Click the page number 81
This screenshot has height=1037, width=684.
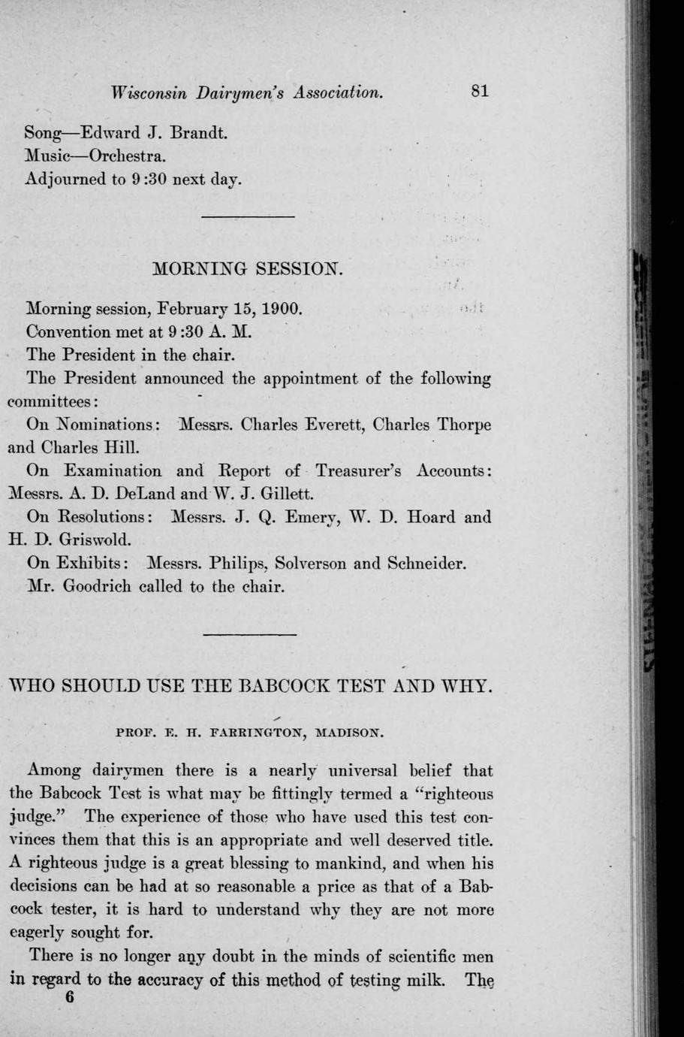[480, 92]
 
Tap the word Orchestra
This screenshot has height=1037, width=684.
[128, 157]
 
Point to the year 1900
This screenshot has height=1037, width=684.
[281, 309]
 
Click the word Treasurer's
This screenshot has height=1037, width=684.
[358, 471]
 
